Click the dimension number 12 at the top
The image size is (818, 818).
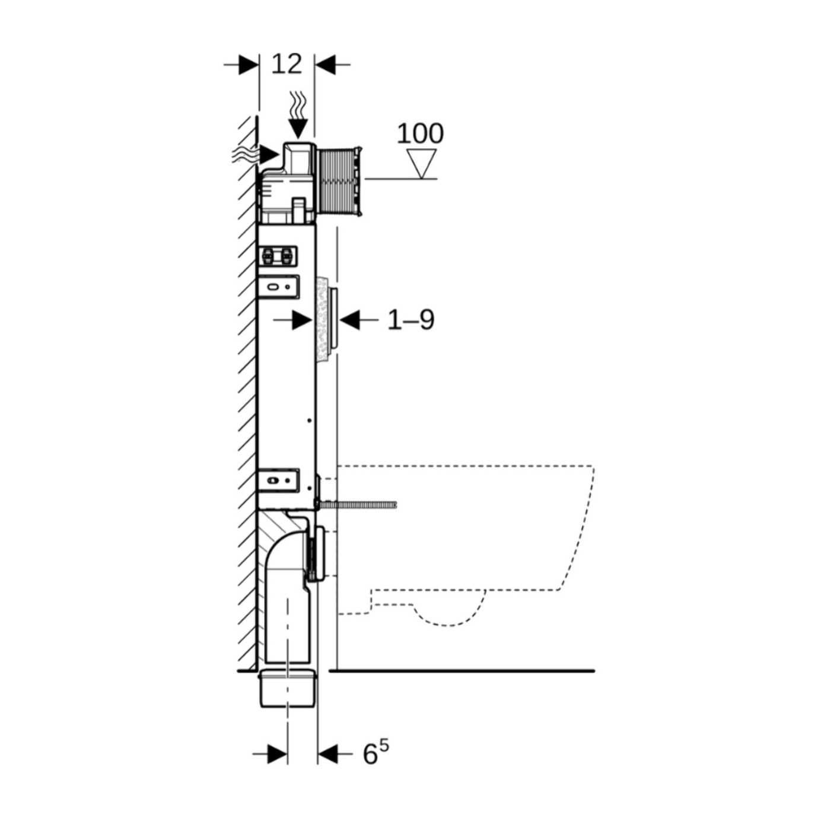point(287,64)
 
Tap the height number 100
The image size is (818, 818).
point(420,133)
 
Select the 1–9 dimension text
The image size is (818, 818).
point(411,320)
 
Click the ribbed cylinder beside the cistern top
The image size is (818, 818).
point(339,183)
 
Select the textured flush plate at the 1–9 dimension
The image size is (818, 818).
point(326,320)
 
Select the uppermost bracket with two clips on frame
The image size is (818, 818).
point(278,256)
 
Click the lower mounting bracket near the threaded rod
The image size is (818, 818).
point(279,480)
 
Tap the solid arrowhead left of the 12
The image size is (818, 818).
point(249,65)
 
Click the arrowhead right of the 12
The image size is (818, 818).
point(324,65)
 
